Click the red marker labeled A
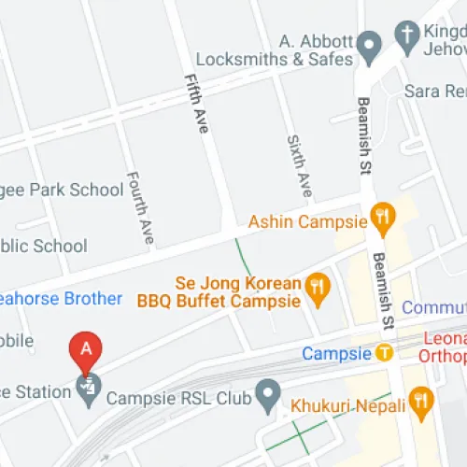click(x=86, y=350)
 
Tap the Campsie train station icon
click(x=383, y=353)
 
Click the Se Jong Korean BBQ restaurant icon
click(x=318, y=291)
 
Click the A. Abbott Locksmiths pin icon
click(x=370, y=43)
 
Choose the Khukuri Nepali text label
click(x=347, y=406)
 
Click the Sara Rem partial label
click(x=434, y=91)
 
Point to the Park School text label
click(x=64, y=190)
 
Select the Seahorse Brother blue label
click(x=61, y=299)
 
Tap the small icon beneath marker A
click(x=89, y=385)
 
